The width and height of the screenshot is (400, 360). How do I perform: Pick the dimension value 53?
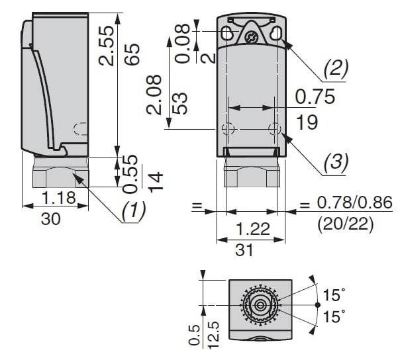[x=179, y=101]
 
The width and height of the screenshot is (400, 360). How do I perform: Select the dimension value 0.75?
[x=315, y=97]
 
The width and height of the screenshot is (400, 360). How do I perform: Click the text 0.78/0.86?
[x=354, y=204]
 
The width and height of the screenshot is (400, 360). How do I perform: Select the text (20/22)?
[x=346, y=225]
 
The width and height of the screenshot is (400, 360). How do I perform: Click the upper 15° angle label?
[x=334, y=294]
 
